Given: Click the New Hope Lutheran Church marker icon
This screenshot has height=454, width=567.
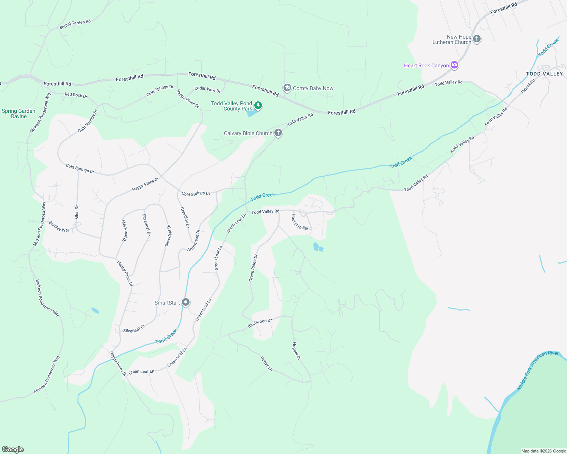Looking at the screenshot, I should (477, 39).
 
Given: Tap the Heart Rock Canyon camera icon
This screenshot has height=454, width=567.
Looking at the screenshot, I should (454, 65).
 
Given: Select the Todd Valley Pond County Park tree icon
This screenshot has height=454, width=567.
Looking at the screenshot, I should (258, 105).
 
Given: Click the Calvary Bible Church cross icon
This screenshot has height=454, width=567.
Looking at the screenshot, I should (278, 133).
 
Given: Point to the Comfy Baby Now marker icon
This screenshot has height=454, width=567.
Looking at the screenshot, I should (287, 88).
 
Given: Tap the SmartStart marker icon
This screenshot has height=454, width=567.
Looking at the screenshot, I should (186, 302).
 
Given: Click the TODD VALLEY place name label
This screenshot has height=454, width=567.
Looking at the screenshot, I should (544, 74).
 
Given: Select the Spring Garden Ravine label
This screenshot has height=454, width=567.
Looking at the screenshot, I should (19, 113).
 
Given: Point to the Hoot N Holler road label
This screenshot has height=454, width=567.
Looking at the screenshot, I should (300, 222).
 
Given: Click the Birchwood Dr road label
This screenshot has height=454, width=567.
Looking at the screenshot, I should (260, 323).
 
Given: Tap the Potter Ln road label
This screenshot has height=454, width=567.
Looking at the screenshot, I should (266, 363).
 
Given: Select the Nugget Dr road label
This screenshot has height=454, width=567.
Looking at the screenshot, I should (296, 351).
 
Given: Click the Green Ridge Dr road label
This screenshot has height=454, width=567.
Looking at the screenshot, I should (253, 268).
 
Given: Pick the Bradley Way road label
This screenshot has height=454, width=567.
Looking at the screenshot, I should (59, 227).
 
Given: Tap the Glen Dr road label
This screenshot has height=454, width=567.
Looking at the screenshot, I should (77, 212).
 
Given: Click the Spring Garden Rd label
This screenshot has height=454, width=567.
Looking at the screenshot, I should (75, 24).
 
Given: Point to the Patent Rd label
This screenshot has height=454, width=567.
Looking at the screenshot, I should (528, 86).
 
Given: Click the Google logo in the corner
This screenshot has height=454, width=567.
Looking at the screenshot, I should (13, 449).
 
